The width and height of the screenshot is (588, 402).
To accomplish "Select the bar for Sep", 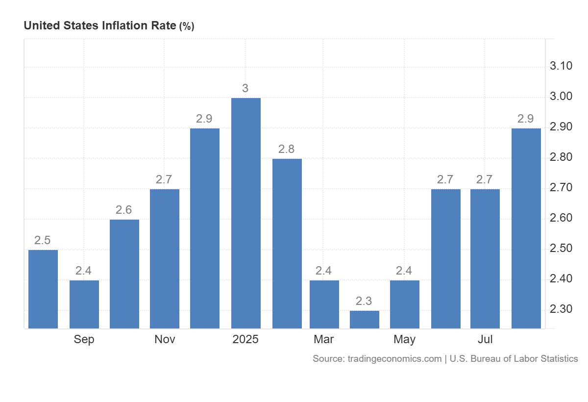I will click(x=84, y=304).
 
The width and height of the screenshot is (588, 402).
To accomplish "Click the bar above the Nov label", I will click(x=165, y=258).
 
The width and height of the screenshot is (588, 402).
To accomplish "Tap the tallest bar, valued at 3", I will click(x=245, y=213).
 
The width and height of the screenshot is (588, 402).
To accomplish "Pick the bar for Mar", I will click(x=324, y=304).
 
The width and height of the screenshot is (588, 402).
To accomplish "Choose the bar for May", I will click(x=405, y=304).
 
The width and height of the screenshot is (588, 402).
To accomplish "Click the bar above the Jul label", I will click(x=485, y=258).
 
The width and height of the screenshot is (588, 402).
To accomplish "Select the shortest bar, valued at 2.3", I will click(x=365, y=319).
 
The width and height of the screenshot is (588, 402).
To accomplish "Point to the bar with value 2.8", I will click(x=287, y=243).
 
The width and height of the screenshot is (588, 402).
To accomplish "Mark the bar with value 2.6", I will click(x=124, y=274).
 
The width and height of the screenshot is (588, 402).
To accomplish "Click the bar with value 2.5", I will click(x=43, y=289).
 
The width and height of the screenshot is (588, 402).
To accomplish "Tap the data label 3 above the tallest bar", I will click(x=245, y=88).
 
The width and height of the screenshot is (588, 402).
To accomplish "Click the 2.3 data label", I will click(x=365, y=301).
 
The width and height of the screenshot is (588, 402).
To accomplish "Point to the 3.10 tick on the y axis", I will click(x=561, y=66).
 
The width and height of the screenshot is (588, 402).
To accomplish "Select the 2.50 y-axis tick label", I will click(x=561, y=249).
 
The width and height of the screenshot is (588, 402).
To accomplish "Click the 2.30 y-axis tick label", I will click(x=561, y=309).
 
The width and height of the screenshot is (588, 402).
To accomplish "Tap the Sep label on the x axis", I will click(x=84, y=339).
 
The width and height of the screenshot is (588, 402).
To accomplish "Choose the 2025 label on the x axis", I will click(x=245, y=339).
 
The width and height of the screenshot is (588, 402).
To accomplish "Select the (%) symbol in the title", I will click(x=187, y=26).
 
